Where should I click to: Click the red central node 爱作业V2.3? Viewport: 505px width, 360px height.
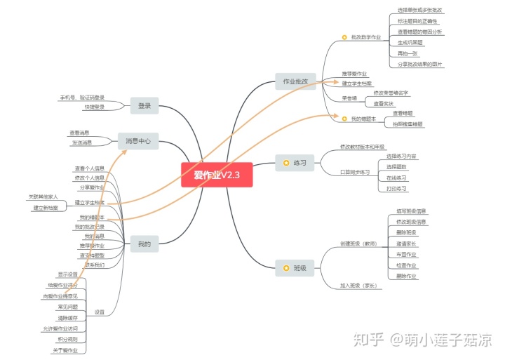(x=217, y=175)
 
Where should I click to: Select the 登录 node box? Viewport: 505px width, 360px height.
(x=144, y=105)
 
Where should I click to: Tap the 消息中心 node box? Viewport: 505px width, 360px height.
(x=138, y=141)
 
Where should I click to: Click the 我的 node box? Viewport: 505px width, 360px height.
(x=144, y=244)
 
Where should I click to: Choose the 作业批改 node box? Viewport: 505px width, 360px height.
(x=295, y=81)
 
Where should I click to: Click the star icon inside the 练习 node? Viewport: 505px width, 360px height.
(x=286, y=163)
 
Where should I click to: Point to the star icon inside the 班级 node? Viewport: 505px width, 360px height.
(x=286, y=268)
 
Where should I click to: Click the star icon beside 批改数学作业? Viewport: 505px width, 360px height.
(x=344, y=37)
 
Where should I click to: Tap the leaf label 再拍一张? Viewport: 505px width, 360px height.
(x=407, y=53)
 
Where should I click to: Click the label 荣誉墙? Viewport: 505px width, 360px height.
(x=349, y=98)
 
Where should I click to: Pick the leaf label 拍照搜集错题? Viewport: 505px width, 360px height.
(x=408, y=124)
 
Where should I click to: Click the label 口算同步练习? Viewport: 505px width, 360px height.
(x=355, y=172)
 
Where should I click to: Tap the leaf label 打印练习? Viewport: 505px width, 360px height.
(x=397, y=188)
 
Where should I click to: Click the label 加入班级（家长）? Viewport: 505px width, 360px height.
(x=358, y=286)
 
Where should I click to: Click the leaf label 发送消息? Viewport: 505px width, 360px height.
(x=81, y=142)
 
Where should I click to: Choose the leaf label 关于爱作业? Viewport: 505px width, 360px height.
(x=66, y=349)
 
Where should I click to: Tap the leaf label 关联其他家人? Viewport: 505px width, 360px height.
(x=43, y=196)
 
